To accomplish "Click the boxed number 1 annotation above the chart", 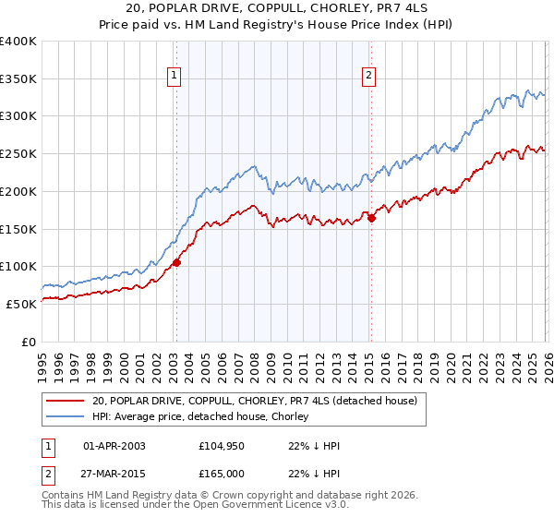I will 175,77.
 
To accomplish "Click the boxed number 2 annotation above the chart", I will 369,77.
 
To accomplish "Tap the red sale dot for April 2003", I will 176,262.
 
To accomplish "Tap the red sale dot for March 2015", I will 371,218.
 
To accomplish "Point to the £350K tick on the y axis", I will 19,79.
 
